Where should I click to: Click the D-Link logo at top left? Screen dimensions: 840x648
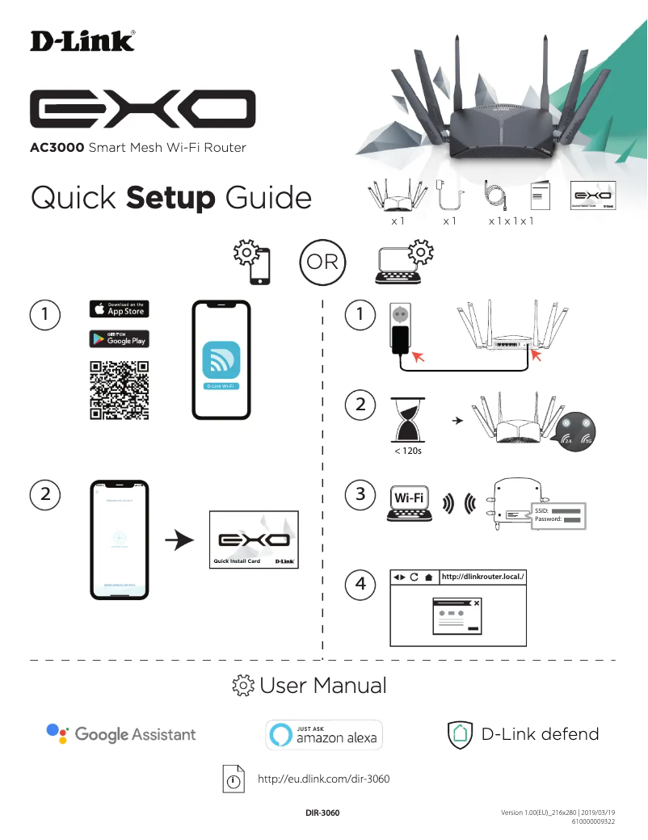(x=82, y=41)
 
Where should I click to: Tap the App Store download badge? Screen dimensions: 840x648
(x=119, y=309)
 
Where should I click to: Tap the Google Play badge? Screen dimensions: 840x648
(x=119, y=338)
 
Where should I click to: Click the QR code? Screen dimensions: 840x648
(x=119, y=390)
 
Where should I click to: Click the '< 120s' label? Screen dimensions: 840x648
(x=407, y=451)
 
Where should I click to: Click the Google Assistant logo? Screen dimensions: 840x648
(x=121, y=734)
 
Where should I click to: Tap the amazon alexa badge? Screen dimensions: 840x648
(x=324, y=734)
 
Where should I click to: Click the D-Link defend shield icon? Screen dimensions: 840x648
(x=459, y=734)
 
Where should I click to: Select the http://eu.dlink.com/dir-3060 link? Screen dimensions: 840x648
(x=323, y=779)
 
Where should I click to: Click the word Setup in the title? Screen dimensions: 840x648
(x=170, y=198)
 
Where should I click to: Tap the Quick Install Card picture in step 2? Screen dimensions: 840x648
(x=254, y=540)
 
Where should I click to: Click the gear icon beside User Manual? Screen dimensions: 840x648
(x=243, y=687)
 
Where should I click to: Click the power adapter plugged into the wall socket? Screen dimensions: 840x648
(x=400, y=339)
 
